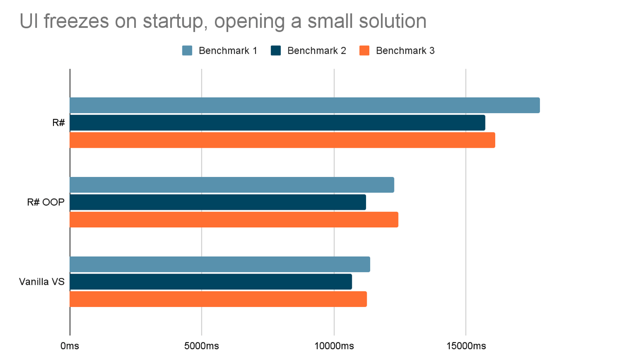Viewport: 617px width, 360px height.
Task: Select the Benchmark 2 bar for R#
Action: click(x=277, y=122)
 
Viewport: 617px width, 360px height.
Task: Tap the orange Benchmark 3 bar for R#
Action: click(x=282, y=140)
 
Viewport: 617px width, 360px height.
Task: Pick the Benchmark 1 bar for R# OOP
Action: click(x=232, y=185)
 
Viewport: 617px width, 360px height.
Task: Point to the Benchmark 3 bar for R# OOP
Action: click(x=234, y=220)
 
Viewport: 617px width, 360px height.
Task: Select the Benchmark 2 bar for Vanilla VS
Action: click(x=211, y=282)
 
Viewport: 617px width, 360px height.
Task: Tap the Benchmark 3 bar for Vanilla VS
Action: click(x=218, y=299)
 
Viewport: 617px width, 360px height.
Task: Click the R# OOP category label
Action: click(x=46, y=202)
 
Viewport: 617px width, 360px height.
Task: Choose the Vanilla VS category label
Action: click(x=42, y=282)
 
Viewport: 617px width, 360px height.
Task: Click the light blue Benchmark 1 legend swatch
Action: click(x=187, y=50)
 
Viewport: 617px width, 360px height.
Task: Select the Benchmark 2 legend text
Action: click(x=317, y=50)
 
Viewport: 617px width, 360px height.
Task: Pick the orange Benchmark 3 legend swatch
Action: click(x=365, y=50)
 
